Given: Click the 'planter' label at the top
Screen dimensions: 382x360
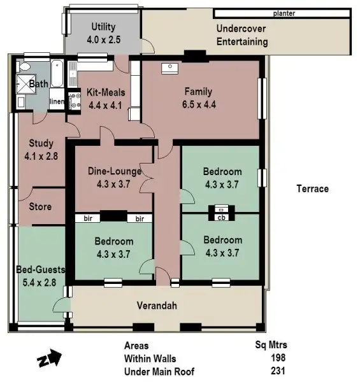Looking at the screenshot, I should click(x=284, y=13).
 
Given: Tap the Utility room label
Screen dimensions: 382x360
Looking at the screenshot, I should click(x=103, y=27).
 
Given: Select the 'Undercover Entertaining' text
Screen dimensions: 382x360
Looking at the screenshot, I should click(x=241, y=35).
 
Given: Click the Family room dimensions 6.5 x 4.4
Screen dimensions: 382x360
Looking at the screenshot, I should click(x=198, y=105).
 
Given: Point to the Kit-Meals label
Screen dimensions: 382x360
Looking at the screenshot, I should click(x=106, y=92).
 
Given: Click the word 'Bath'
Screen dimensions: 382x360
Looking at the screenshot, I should click(x=38, y=83).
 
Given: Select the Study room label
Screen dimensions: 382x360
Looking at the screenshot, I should click(x=41, y=144).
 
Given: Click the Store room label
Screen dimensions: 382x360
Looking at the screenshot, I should click(x=40, y=207).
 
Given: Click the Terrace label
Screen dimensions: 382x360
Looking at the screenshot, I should click(x=312, y=188).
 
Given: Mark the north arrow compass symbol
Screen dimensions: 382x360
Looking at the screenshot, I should click(x=48, y=360).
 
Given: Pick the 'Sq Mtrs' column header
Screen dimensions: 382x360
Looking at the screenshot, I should click(x=271, y=346).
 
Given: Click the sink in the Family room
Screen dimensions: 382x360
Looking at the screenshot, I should click(x=171, y=67).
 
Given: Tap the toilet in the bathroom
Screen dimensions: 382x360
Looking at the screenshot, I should click(x=24, y=67).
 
